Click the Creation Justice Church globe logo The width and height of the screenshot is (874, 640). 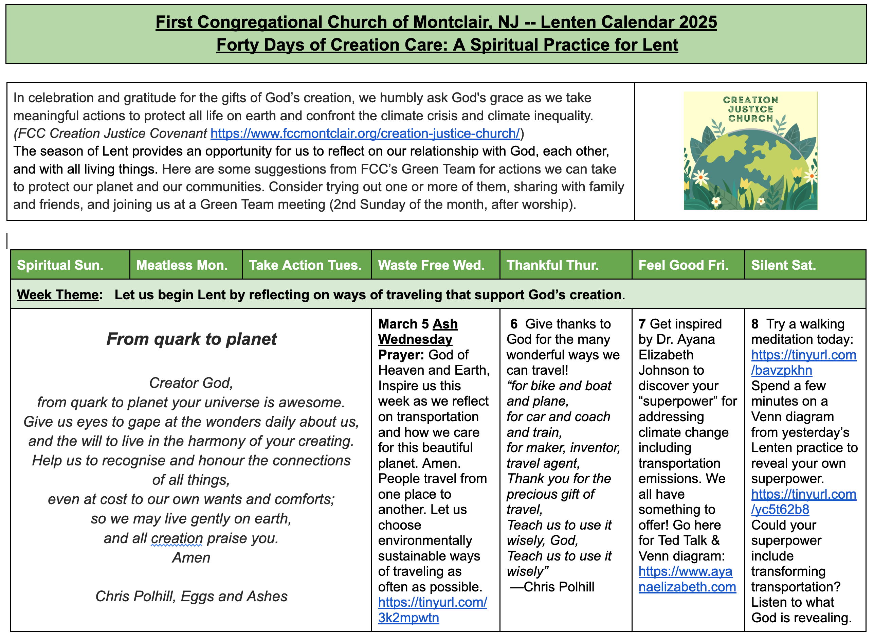[750, 151]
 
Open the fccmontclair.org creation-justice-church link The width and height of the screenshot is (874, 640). [365, 133]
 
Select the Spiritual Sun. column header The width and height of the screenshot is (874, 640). [60, 265]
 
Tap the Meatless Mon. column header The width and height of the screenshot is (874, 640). [182, 265]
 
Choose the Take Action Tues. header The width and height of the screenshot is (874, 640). [305, 265]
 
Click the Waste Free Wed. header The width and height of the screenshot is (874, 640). [431, 265]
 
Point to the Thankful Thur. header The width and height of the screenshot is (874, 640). [552, 265]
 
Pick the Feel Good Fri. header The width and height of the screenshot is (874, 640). [683, 265]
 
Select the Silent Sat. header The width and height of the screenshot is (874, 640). [783, 265]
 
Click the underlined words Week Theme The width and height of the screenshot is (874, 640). [58, 295]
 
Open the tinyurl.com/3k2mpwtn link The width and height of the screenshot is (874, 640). [432, 610]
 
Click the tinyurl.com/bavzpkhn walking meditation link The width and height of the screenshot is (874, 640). [803, 362]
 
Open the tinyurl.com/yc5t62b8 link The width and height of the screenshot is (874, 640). [803, 502]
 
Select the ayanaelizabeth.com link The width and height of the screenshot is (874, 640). [687, 579]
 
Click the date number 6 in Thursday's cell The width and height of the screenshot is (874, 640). [514, 324]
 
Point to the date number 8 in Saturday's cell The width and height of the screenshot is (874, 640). [755, 324]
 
